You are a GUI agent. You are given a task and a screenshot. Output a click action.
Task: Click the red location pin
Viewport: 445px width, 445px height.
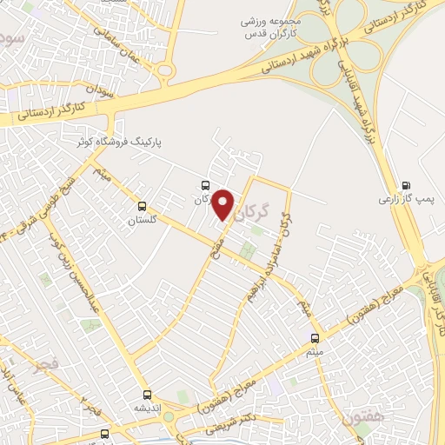tap(224, 204)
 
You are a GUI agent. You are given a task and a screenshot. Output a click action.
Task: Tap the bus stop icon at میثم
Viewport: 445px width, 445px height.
tap(315, 338)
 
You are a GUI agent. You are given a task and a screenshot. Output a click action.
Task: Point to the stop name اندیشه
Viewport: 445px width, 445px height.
tap(148, 408)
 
